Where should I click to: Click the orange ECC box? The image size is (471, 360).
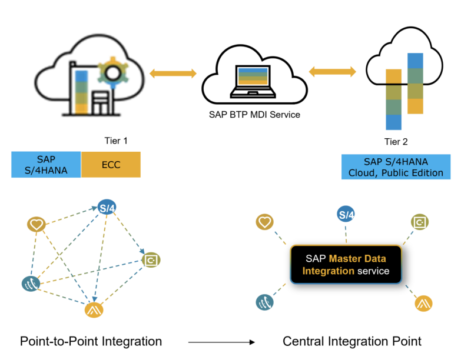111,164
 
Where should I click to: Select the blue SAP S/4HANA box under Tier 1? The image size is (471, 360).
46,164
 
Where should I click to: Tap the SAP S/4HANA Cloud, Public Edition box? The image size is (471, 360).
396,167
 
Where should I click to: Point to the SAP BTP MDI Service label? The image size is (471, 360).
254,115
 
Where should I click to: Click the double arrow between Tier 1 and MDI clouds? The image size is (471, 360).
173,74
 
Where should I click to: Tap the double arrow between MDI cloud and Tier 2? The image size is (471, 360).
333,72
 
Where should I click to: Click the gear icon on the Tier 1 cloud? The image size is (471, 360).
112,71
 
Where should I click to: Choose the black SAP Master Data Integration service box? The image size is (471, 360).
346,264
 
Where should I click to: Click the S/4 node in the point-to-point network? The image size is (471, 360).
107,208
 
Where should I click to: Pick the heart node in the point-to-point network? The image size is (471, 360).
37,224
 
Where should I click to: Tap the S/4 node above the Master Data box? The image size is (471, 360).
346,215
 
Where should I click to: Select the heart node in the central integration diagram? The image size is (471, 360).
264,222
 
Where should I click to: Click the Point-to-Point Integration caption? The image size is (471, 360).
91,341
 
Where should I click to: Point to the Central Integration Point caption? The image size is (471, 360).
352,341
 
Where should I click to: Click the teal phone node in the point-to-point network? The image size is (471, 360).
31,284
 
